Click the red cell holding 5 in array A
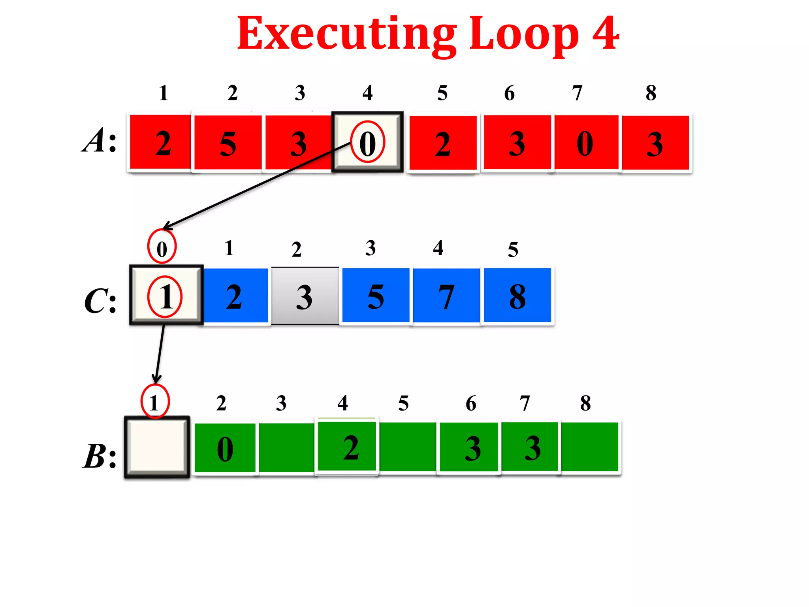[x=228, y=143]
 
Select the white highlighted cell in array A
[x=367, y=142]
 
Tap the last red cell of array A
[x=655, y=143]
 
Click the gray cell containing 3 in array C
[x=305, y=296]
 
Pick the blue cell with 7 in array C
[x=446, y=296]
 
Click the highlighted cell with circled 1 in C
[x=166, y=296]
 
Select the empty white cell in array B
[x=157, y=447]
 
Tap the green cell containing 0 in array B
[x=225, y=448]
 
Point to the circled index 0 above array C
[x=162, y=247]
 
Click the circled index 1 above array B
[x=155, y=402]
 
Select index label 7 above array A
[x=577, y=93]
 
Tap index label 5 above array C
[x=513, y=249]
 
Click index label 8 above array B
[x=585, y=403]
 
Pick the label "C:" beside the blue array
[x=100, y=301]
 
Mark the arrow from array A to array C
[x=257, y=186]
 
